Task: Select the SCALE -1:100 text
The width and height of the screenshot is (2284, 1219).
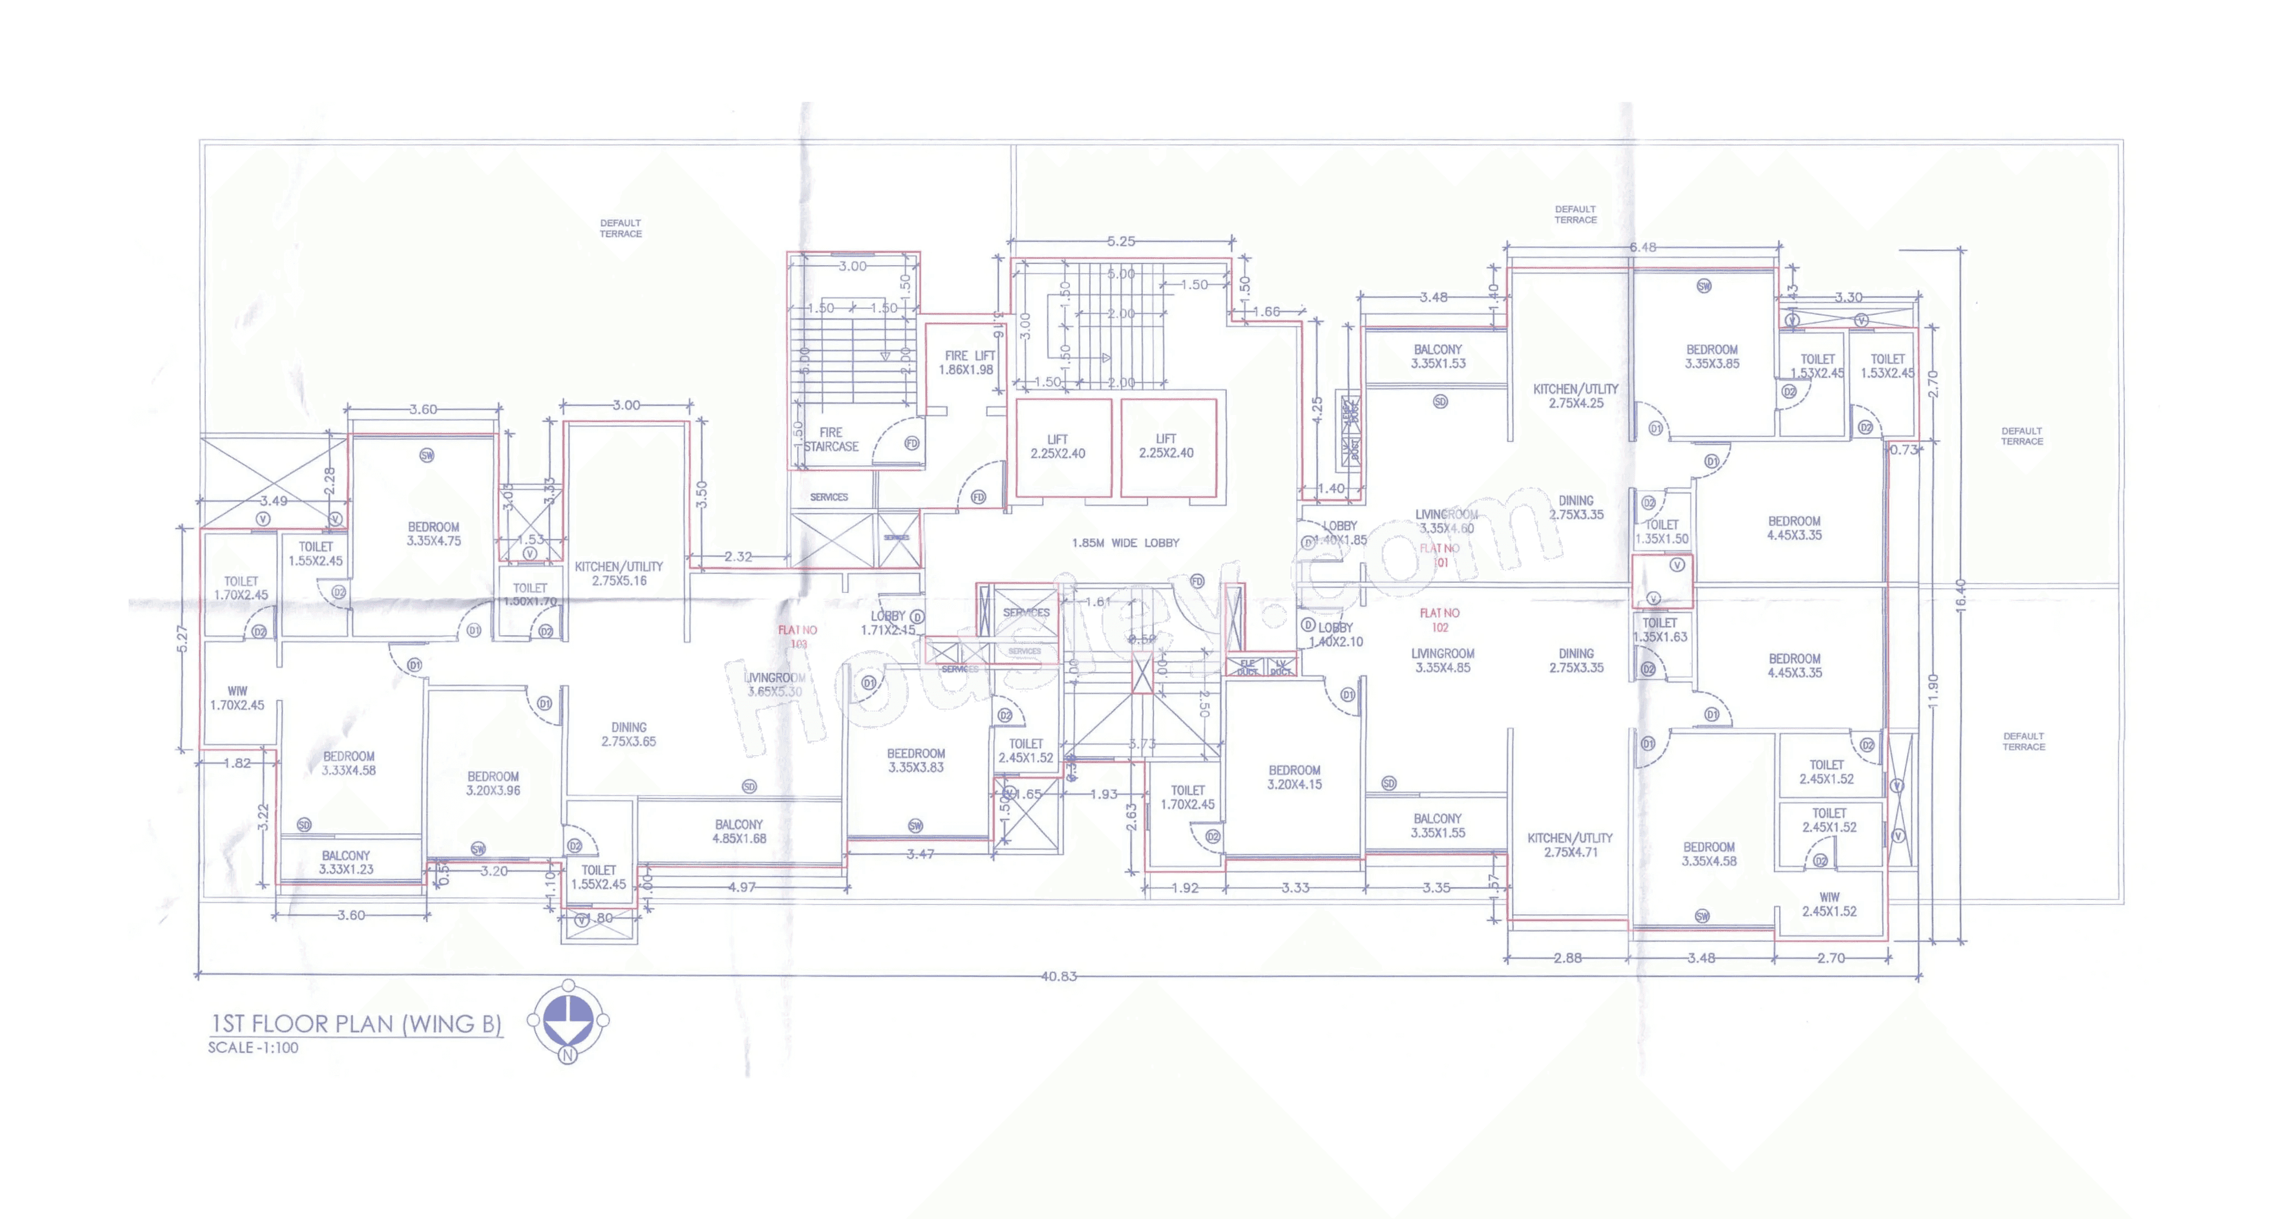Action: (x=253, y=1048)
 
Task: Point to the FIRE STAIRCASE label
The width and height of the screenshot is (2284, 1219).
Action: (x=831, y=439)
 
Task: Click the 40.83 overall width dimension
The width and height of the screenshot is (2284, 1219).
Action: (x=1058, y=976)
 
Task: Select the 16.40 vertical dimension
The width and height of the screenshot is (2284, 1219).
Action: (x=1959, y=594)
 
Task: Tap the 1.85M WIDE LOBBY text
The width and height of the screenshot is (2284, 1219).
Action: (x=1125, y=542)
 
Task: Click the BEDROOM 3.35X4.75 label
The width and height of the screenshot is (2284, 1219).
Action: (x=434, y=534)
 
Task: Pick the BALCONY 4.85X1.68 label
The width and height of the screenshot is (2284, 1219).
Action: (x=739, y=831)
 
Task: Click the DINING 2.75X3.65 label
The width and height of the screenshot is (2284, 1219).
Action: (x=629, y=734)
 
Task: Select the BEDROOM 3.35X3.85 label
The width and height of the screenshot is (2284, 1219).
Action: (x=1711, y=356)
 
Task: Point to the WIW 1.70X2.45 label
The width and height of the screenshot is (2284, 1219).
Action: (x=237, y=698)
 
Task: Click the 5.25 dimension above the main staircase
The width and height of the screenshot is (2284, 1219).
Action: (x=1121, y=241)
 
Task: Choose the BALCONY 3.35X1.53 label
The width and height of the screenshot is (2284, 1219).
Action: (x=1437, y=356)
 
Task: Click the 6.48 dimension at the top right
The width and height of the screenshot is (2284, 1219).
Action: (x=1642, y=247)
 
